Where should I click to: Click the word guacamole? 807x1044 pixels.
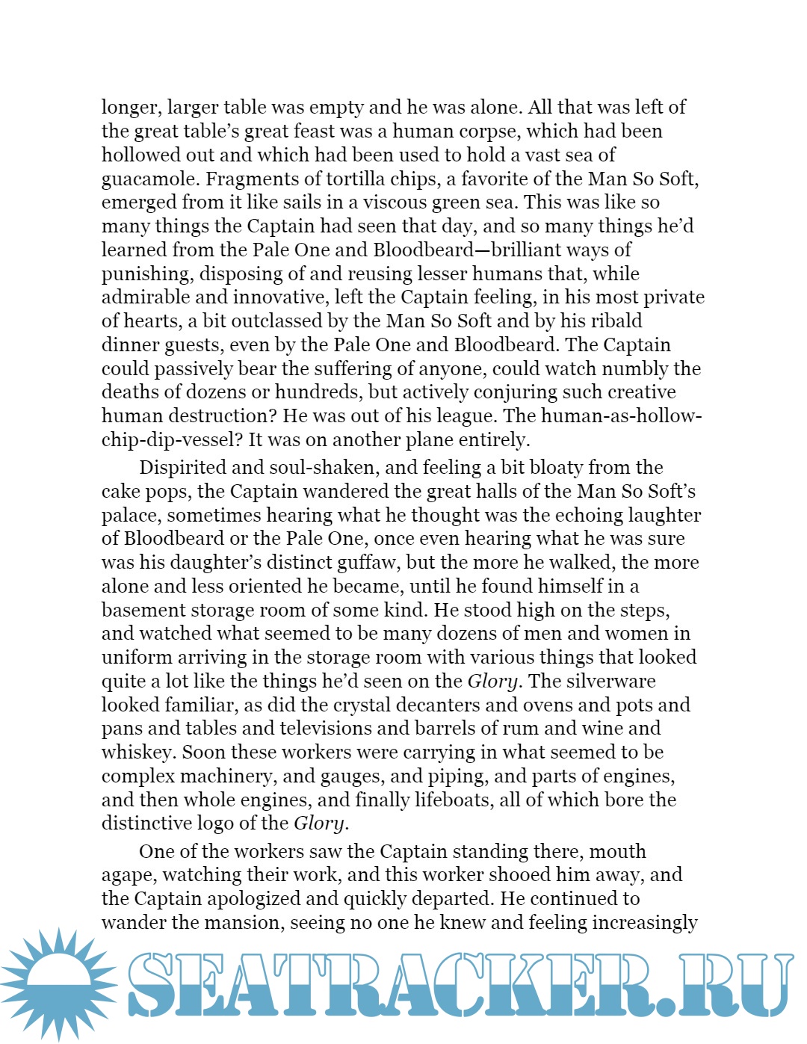(150, 179)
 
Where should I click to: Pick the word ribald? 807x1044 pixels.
(613, 321)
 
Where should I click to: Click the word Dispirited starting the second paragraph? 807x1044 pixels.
(183, 468)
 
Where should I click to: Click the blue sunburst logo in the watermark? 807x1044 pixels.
(58, 983)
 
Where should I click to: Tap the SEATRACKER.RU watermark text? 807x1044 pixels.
(459, 984)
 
